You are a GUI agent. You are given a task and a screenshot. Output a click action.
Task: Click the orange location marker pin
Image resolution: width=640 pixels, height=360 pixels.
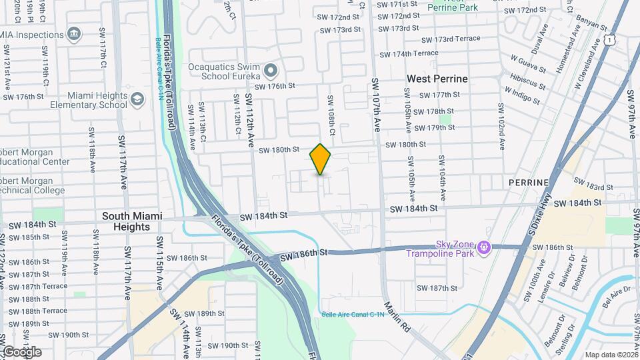(x=321, y=159)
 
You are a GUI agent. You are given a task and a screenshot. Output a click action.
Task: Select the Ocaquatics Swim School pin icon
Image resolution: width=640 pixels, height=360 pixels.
(x=270, y=70)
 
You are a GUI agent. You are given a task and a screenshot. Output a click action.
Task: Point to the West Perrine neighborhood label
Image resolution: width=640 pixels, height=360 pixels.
(x=437, y=79)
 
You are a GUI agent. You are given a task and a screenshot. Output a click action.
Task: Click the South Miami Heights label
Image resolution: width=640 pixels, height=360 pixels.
(x=126, y=221)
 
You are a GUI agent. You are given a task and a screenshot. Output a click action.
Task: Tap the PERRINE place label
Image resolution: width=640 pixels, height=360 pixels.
(x=528, y=182)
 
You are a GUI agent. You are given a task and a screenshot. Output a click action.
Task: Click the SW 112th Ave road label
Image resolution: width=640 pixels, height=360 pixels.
(x=249, y=121)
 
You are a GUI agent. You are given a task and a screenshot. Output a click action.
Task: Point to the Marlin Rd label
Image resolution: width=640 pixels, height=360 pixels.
(x=397, y=317)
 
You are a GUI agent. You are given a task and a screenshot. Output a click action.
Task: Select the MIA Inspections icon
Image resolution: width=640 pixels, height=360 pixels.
(x=74, y=33)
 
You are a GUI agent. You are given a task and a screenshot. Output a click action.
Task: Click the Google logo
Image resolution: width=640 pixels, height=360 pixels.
(x=21, y=351)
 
